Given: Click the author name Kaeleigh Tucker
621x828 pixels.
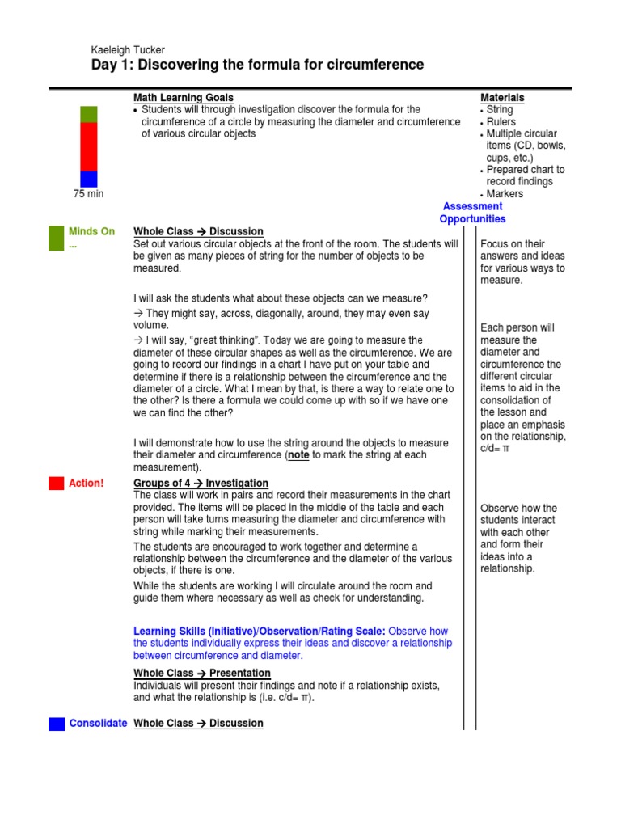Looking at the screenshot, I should pos(129,50).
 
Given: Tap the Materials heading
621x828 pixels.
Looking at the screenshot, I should pos(502,97).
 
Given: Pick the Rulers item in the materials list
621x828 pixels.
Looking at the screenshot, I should pos(501,121).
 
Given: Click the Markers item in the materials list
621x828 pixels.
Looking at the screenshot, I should pos(505,193).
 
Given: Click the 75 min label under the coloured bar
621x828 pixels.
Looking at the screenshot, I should pos(88,194).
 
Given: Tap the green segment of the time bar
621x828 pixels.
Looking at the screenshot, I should pos(89,114).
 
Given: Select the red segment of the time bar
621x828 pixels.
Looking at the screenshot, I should pos(89,146).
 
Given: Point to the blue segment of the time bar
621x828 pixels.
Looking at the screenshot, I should pos(89,179).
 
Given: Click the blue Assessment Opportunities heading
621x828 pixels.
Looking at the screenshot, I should pos(473,213).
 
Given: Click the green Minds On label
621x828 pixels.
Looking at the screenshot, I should pos(91,231).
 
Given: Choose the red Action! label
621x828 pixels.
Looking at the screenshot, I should pos(86,483).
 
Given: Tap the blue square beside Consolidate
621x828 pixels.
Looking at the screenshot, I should pos(56,724).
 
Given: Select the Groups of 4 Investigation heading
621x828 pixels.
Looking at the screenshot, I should pos(201,483).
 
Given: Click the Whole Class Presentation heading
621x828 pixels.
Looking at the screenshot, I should pos(201,673).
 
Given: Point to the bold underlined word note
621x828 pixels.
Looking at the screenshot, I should pos(299,455).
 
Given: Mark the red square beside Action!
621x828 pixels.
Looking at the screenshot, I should pos(56,484).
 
